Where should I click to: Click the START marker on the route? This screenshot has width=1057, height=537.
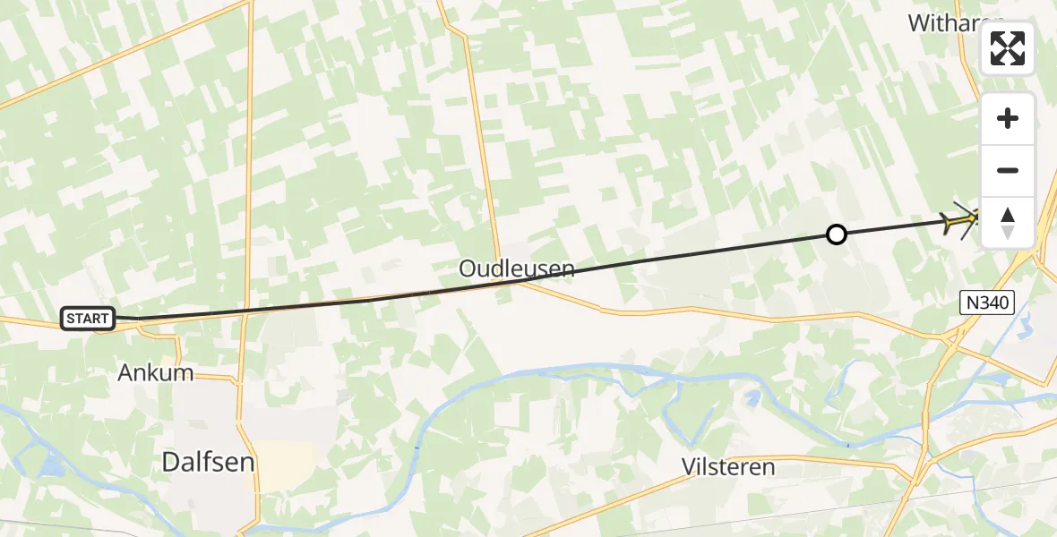click(x=88, y=318)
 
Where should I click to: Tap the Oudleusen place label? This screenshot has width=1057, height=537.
click(x=517, y=268)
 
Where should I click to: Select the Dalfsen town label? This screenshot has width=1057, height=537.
click(x=208, y=462)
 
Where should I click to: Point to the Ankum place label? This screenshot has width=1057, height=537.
click(x=156, y=373)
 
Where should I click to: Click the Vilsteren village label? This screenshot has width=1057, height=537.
click(x=727, y=467)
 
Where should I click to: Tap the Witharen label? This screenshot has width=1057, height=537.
click(x=950, y=23)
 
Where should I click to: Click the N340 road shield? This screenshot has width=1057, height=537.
click(x=988, y=303)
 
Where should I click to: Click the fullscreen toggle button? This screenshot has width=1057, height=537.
click(x=1008, y=48)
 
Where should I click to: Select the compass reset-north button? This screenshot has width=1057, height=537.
click(x=1008, y=223)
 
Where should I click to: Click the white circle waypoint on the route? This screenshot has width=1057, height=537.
click(x=836, y=234)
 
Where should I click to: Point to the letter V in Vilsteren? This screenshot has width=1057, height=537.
click(x=689, y=467)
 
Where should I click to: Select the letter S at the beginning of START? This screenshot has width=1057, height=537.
click(x=70, y=318)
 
